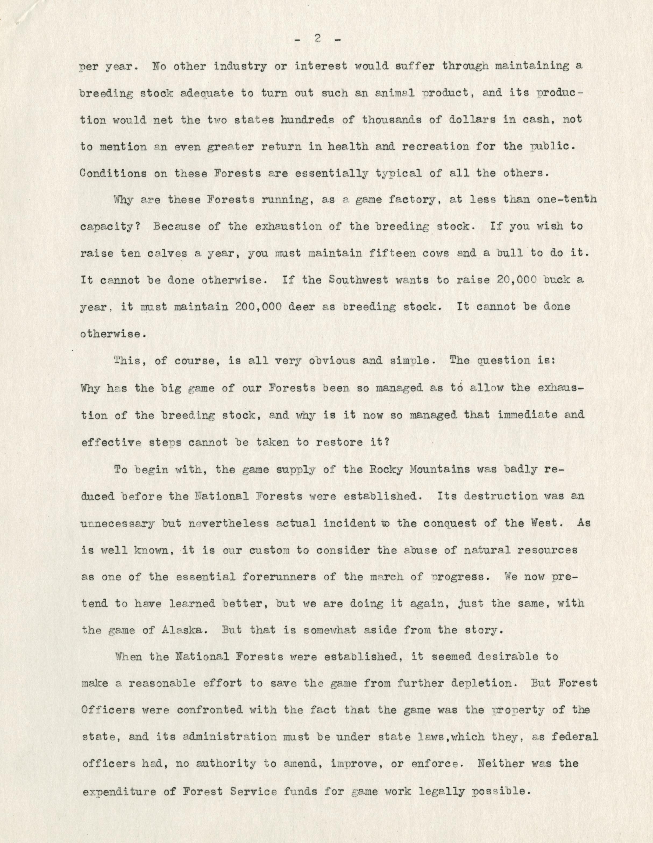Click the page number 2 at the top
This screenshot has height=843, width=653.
(317, 39)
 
